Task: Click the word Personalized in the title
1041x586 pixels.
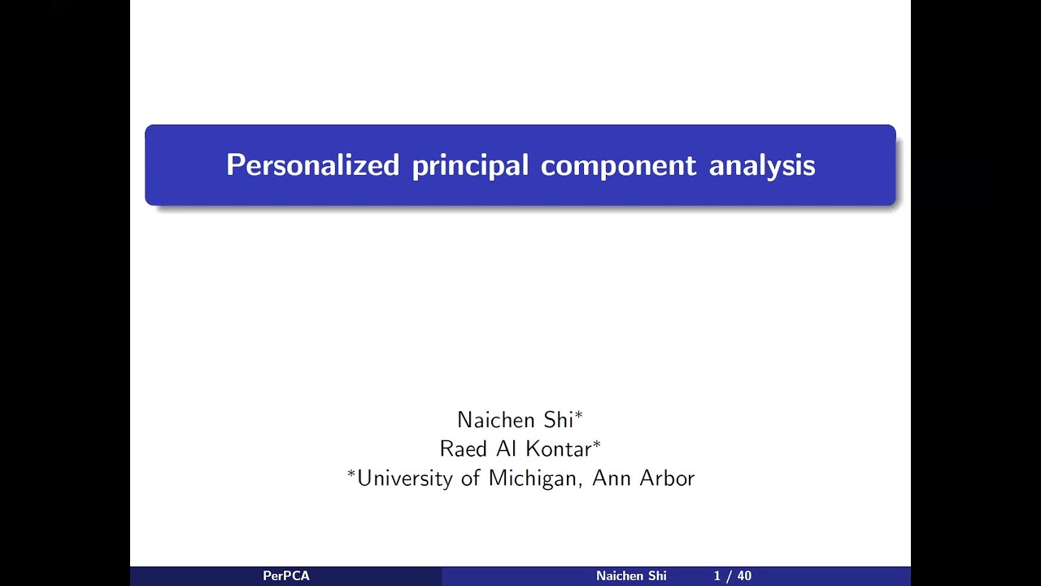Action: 312,165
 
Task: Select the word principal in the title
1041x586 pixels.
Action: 470,166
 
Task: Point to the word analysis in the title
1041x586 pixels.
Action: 762,166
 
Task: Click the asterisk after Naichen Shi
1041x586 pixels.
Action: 579,417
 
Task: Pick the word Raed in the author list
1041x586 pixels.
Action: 463,449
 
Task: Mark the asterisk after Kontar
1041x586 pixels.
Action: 597,445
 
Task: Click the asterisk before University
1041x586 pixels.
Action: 351,474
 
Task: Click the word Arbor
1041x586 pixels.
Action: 667,478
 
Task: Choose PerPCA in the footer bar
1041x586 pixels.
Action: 285,576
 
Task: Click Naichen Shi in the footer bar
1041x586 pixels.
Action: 631,576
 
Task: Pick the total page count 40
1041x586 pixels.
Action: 744,576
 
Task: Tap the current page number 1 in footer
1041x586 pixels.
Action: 717,576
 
